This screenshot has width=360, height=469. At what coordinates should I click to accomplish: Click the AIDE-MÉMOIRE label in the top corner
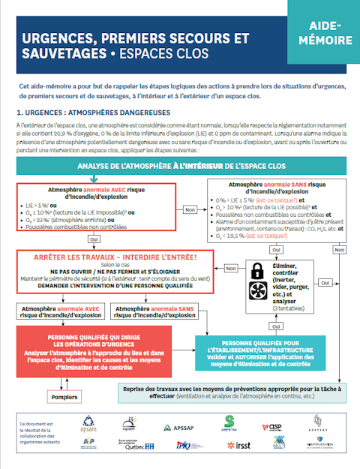pos(323,32)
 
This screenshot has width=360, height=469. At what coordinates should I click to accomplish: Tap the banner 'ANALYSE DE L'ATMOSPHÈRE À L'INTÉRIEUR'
pos(180,165)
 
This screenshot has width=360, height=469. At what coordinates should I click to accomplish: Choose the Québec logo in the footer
pos(139,446)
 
